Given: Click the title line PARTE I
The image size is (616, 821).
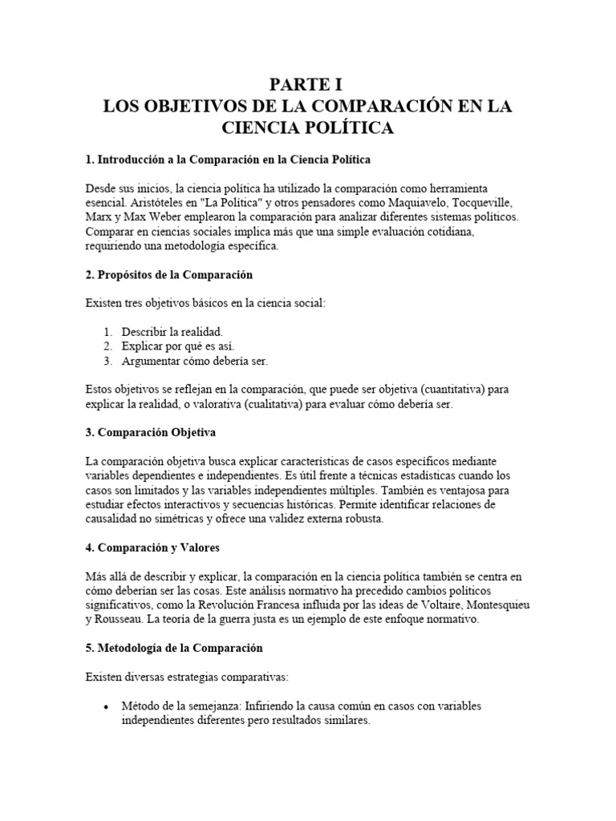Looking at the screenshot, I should pyautogui.click(x=308, y=83).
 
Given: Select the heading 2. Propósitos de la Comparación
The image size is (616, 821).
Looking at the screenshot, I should pyautogui.click(x=168, y=275).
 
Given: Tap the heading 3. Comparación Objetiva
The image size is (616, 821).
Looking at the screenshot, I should pyautogui.click(x=150, y=432).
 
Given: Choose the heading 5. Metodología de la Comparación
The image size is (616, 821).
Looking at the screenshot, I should pyautogui.click(x=174, y=647).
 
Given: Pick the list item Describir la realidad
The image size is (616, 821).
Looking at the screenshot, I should pyautogui.click(x=172, y=331).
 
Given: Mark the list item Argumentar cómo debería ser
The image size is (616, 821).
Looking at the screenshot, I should pyautogui.click(x=194, y=361).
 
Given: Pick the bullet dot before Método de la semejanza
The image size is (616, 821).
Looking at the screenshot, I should pyautogui.click(x=107, y=706).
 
